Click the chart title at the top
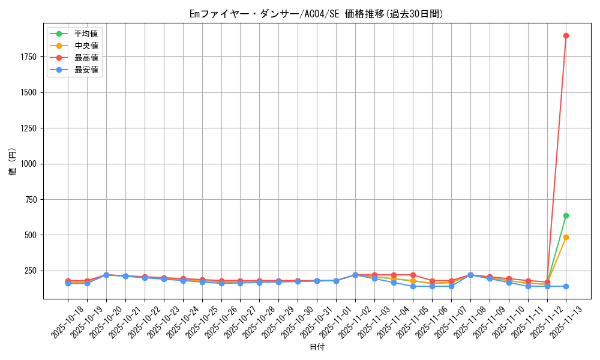coord(316,14)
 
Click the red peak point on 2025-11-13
coord(566,35)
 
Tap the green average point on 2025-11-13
coord(566,215)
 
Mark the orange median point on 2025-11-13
coord(566,237)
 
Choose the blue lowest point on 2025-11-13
coord(566,286)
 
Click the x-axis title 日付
coord(316,347)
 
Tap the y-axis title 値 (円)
coord(13,163)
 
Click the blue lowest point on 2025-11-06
coord(432,286)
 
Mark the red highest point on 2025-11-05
coord(413,275)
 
